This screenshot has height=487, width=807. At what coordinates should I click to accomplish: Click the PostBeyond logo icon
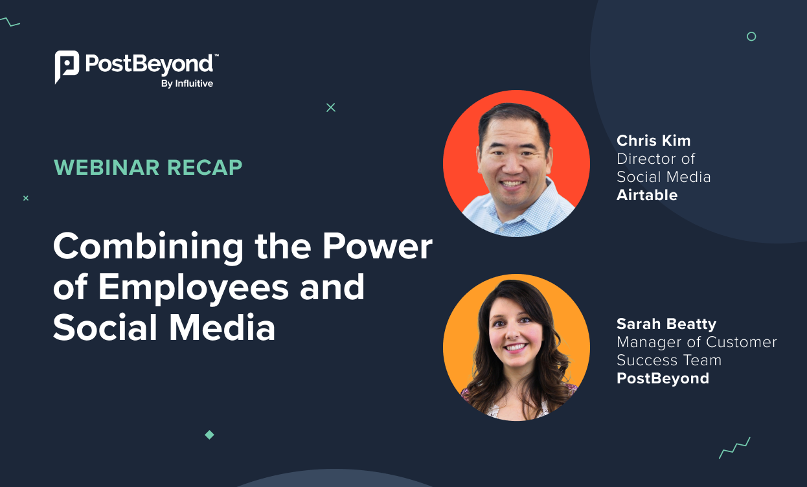click(67, 66)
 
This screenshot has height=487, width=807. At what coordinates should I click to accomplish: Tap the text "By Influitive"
click(187, 84)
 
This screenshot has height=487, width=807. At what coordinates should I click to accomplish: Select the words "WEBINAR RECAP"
click(148, 168)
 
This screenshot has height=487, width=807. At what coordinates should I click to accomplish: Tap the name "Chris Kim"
click(654, 141)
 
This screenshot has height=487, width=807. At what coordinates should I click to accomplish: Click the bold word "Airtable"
click(646, 195)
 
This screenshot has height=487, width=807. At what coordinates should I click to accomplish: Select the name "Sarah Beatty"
click(666, 324)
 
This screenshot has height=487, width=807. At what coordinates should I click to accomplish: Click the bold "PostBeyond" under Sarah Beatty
click(663, 378)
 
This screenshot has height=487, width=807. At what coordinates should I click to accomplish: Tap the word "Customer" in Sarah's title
click(742, 342)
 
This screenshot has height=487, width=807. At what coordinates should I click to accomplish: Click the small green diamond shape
click(209, 435)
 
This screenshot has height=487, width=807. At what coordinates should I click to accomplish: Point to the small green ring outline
click(751, 36)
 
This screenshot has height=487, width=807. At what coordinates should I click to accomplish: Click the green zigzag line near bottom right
click(734, 447)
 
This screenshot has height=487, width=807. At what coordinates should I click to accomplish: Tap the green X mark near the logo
click(331, 108)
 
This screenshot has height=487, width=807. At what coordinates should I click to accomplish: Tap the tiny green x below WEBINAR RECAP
click(26, 198)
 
